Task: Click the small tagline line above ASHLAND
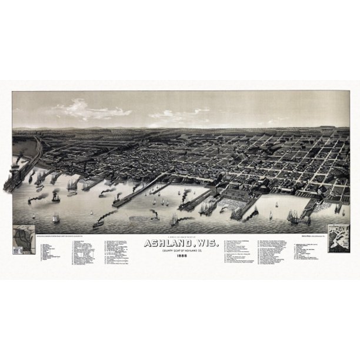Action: (180, 234)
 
